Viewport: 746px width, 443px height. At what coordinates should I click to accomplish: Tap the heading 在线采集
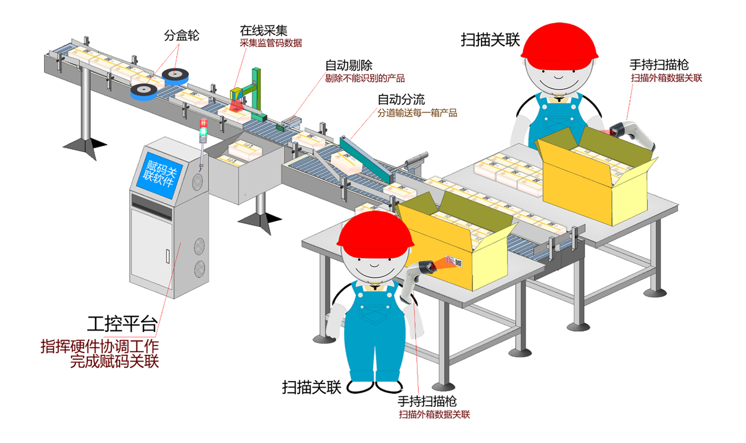[x=263, y=30]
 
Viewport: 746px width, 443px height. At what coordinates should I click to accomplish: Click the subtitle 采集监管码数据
[x=271, y=43]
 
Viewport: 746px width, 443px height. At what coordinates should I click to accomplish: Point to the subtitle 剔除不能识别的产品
[x=365, y=78]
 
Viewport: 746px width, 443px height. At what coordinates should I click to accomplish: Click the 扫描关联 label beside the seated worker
[x=490, y=39]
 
